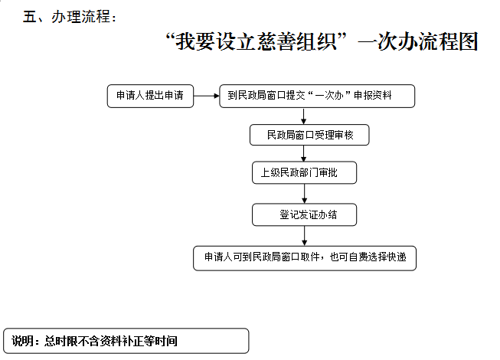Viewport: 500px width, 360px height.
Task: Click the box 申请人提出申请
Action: click(x=150, y=96)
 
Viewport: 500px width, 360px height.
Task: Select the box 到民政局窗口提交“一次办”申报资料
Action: click(x=317, y=96)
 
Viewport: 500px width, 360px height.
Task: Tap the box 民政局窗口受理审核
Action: click(x=309, y=135)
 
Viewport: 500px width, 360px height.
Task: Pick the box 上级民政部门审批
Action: click(x=304, y=172)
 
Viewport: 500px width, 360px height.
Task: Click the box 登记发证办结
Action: click(x=304, y=214)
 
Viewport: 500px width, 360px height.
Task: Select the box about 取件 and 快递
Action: click(x=305, y=258)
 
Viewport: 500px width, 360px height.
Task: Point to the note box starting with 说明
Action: click(x=126, y=341)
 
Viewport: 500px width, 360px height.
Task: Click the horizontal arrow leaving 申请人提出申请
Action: click(x=206, y=96)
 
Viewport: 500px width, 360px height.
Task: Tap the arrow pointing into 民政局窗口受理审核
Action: click(x=303, y=116)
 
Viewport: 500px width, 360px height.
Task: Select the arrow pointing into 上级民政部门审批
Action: click(x=303, y=153)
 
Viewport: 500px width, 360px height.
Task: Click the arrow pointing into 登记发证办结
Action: click(x=305, y=194)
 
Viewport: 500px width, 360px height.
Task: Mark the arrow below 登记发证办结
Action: click(x=305, y=236)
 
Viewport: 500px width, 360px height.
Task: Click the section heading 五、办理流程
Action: click(x=69, y=17)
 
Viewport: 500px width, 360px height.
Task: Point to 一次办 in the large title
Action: click(x=387, y=41)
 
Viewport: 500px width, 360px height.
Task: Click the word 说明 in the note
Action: click(x=22, y=341)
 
